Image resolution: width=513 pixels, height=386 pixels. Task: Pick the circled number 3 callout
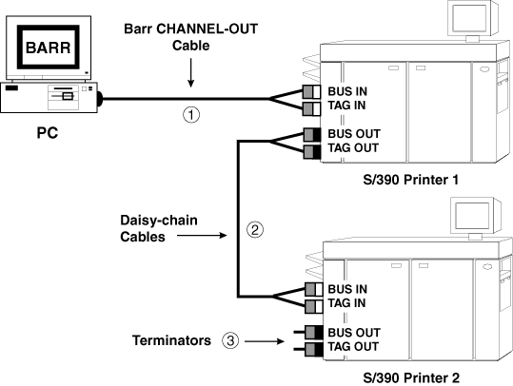coord(230,338)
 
